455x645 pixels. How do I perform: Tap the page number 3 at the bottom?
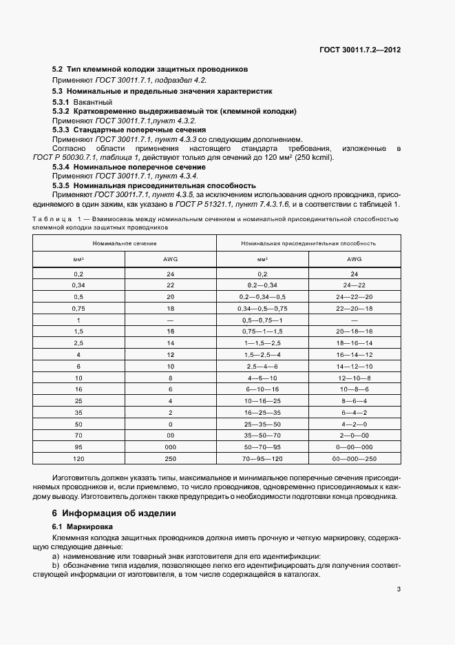coord(399,588)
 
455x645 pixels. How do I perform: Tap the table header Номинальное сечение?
coord(125,243)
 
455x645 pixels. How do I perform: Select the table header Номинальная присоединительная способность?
coord(308,243)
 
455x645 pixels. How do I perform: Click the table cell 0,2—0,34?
coord(262,284)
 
